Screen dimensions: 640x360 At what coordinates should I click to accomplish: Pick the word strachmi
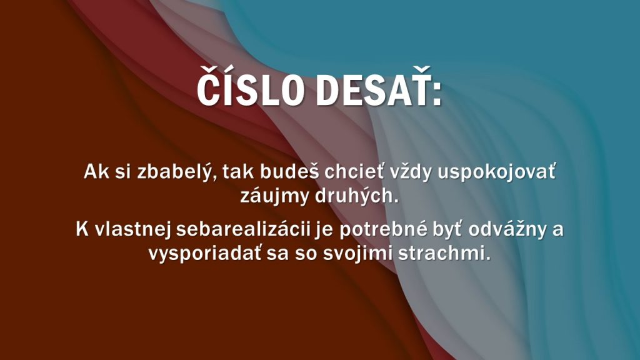pos(444,254)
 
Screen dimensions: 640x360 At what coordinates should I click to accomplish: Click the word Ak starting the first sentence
pos(97,172)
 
